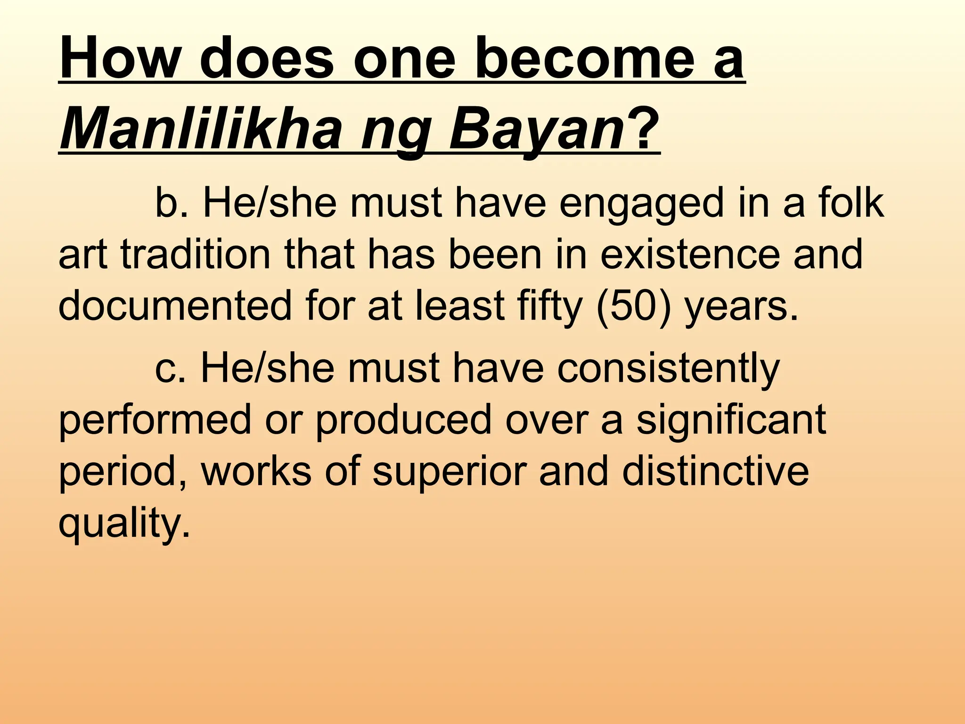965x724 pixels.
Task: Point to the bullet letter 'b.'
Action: pyautogui.click(x=171, y=204)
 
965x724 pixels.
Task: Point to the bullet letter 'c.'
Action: pyautogui.click(x=171, y=369)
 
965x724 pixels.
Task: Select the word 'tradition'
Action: pyautogui.click(x=195, y=255)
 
